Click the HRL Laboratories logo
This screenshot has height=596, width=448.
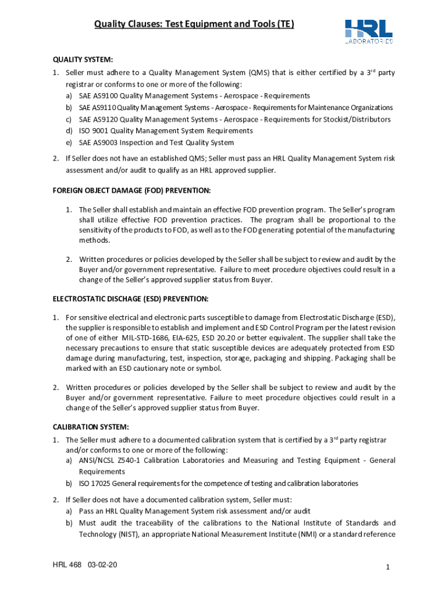click(368, 31)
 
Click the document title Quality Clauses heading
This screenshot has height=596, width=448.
click(194, 24)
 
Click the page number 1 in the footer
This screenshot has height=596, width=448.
click(387, 568)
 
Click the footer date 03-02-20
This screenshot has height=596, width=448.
click(103, 565)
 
